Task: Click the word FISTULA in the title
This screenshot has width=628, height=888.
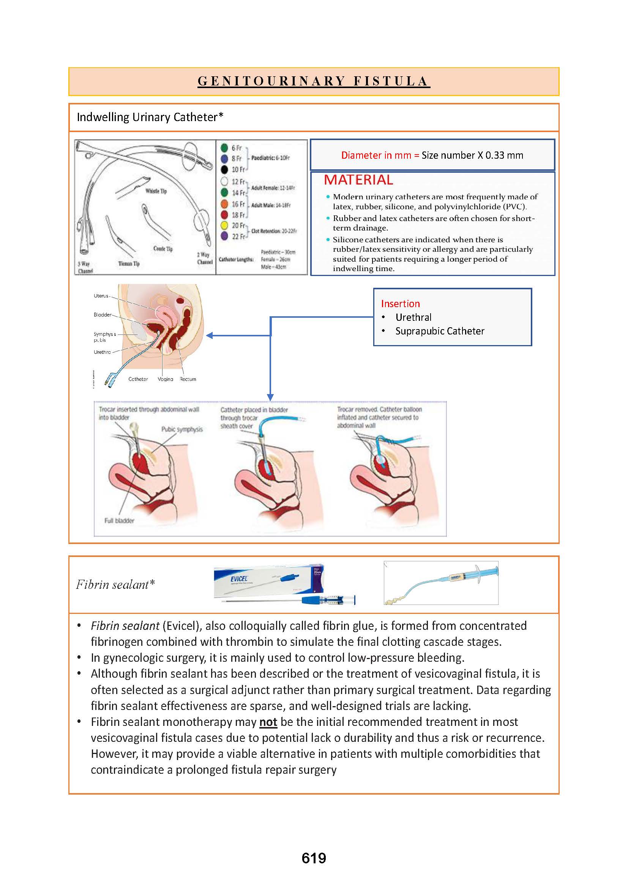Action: point(391,81)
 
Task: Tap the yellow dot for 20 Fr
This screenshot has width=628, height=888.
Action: point(224,225)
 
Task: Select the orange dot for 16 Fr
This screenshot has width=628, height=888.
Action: point(224,204)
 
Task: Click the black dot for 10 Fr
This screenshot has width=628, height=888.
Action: point(224,169)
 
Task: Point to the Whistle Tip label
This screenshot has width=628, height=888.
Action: point(156,191)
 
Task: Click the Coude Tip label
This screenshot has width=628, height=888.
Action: point(163,249)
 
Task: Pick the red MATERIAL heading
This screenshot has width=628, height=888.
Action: point(358,180)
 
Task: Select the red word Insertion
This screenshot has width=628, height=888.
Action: point(400,304)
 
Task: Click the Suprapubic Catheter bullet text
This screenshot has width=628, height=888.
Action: point(440,331)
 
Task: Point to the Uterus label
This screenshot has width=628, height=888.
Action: point(101,296)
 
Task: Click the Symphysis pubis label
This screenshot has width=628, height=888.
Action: point(104,337)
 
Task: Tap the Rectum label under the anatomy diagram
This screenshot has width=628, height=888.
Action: point(188,379)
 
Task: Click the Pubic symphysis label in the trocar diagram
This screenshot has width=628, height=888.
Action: point(182,429)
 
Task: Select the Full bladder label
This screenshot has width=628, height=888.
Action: point(119,520)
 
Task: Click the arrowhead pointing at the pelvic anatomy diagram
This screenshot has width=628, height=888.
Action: point(209,335)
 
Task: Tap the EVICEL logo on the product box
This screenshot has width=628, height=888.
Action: point(238,579)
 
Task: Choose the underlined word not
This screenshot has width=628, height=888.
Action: point(268,722)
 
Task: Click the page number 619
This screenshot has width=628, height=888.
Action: point(314,858)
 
